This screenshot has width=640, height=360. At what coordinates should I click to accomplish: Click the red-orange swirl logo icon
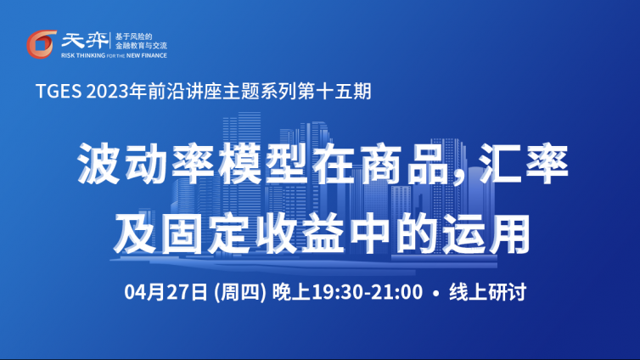[42, 44]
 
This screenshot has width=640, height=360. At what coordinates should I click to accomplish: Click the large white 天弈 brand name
[85, 41]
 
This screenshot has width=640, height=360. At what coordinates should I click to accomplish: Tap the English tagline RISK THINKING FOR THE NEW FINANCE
[114, 55]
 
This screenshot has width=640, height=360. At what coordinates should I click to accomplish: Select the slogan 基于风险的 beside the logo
[133, 37]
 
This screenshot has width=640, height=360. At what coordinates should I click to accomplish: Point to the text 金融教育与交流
[141, 45]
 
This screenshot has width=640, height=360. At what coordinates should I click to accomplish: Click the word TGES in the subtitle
[59, 91]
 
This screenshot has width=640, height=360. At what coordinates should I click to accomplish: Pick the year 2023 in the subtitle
[107, 91]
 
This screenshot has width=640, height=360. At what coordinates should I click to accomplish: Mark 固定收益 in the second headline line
[253, 233]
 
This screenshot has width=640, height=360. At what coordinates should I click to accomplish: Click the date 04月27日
[166, 292]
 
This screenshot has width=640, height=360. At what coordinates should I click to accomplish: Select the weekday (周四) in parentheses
[240, 292]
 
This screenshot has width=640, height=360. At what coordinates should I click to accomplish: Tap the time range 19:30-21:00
[367, 292]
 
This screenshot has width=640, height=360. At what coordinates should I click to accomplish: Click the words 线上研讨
[488, 292]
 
